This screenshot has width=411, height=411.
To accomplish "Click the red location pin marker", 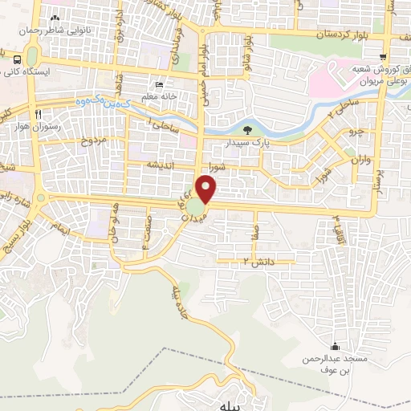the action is pos(206,189).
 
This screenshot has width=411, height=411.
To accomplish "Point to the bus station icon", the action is pos(15,59).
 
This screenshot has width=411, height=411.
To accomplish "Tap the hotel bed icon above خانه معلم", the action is pos(158,84).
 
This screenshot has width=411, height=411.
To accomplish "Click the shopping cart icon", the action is pos(384,55).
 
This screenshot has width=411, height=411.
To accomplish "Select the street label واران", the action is pos(358,161).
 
